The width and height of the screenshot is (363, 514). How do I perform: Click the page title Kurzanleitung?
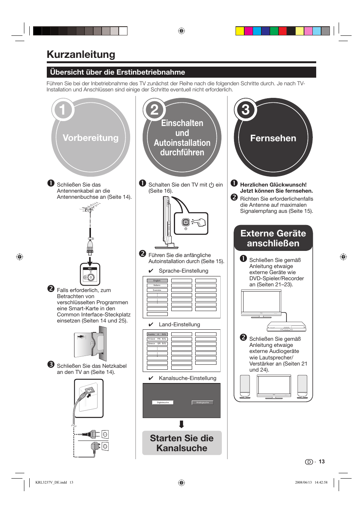(81, 54)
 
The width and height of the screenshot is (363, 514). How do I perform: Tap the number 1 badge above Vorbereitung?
(62, 110)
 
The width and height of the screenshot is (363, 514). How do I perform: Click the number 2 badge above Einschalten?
(154, 110)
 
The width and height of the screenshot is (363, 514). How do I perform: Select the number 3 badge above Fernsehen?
(245, 110)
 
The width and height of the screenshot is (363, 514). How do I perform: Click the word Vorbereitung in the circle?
(91, 138)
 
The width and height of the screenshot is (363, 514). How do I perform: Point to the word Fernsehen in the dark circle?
(273, 138)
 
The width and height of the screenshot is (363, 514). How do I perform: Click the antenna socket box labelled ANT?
(90, 274)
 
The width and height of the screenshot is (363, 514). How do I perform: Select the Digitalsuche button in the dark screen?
(163, 402)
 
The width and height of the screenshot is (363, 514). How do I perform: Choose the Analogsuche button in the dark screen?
(202, 402)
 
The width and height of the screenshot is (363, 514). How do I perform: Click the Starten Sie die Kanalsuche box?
(182, 443)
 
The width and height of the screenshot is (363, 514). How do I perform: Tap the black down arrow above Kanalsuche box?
(181, 424)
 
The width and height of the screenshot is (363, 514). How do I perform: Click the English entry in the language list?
(157, 281)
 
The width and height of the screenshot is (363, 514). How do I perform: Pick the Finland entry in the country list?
(157, 339)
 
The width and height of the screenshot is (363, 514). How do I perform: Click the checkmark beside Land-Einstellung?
(151, 325)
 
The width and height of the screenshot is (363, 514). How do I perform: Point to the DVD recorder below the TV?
(286, 327)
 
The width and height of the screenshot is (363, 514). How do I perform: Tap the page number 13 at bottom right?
(322, 461)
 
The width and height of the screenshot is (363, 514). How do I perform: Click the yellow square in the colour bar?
(240, 31)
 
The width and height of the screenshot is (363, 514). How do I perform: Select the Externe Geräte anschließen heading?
(273, 238)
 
